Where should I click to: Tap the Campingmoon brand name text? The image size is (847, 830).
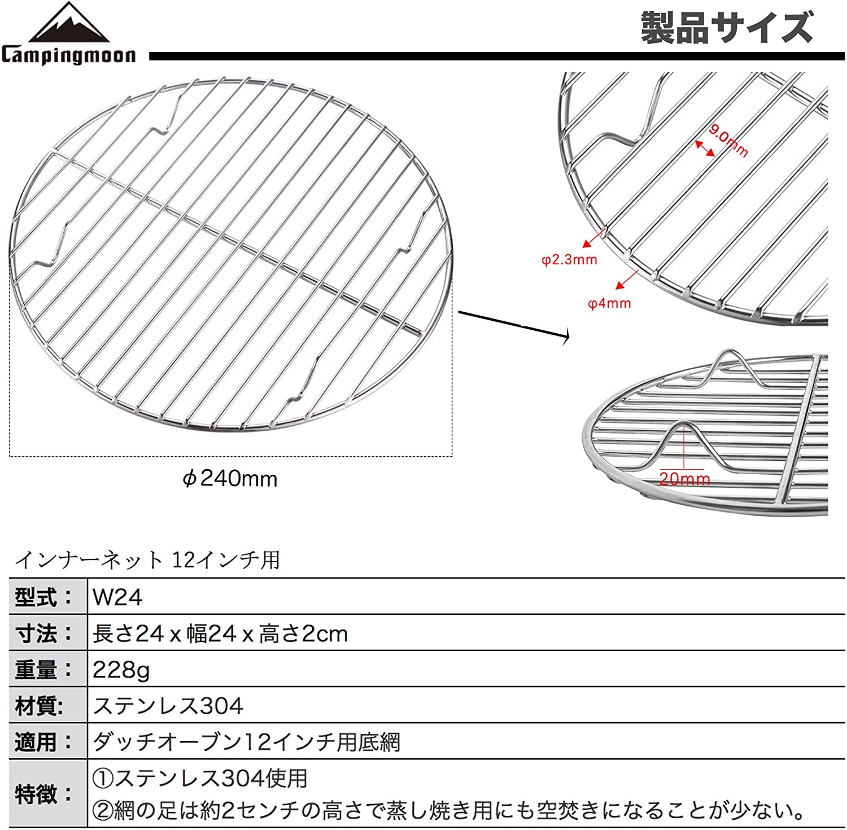pos(68,55)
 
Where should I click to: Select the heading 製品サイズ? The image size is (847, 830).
pos(727,28)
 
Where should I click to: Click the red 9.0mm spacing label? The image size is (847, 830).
pos(728,141)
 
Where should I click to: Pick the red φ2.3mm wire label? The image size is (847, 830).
pos(569,260)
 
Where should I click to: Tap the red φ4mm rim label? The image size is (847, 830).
pos(609,303)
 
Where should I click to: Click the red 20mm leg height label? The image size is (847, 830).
pos(684,479)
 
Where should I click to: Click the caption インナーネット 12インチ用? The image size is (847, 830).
pos(147,560)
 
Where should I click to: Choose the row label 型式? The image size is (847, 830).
pos(44,597)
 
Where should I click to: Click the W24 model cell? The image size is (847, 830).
pos(117,597)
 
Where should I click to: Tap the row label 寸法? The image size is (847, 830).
pos(44,633)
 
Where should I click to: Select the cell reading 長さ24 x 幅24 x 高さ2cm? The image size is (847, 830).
pos(220,634)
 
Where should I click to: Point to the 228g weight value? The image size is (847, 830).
pos(121,670)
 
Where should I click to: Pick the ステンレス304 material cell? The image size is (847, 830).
pos(168,706)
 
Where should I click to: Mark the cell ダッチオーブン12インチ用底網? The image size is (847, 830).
pos(246,742)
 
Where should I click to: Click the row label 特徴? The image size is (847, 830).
pos(44,794)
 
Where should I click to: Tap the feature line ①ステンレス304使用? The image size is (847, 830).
pos(200,778)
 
